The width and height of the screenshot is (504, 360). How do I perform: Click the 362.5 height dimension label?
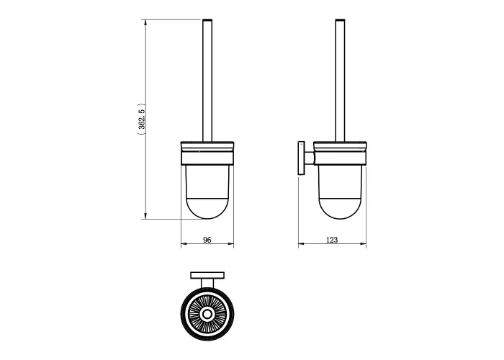pyautogui.click(x=142, y=120)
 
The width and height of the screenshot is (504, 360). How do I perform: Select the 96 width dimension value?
pyautogui.click(x=207, y=240)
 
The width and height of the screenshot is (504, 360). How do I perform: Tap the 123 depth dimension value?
pyautogui.click(x=332, y=240)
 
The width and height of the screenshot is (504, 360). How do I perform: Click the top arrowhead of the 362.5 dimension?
pyautogui.click(x=145, y=22)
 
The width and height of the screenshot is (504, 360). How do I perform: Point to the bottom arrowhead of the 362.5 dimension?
pyautogui.click(x=145, y=216)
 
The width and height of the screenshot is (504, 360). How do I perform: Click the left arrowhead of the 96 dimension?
pyautogui.click(x=184, y=243)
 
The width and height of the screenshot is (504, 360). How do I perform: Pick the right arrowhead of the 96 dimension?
pyautogui.click(x=231, y=243)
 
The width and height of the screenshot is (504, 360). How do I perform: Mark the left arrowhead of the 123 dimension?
pyautogui.click(x=301, y=243)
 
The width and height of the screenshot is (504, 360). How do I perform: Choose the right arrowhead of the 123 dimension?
pyautogui.click(x=363, y=243)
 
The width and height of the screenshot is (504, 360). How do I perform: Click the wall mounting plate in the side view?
pyautogui.click(x=301, y=158)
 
